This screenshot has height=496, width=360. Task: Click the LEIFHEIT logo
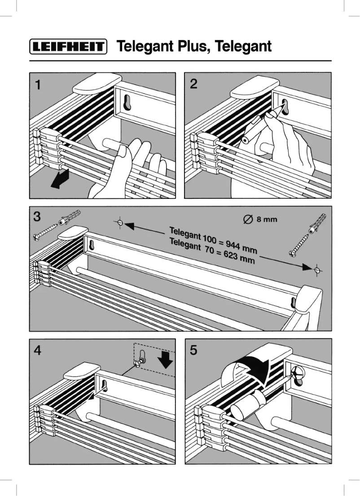[68, 47]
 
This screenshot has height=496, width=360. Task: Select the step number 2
[193, 84]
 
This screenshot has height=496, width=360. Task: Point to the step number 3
[37, 217]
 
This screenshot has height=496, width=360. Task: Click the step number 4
[38, 350]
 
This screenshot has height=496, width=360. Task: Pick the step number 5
[193, 350]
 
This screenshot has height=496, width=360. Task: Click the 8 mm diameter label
[260, 219]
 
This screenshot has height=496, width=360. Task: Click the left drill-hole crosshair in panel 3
[120, 222]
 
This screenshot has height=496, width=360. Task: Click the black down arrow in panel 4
[166, 360]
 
